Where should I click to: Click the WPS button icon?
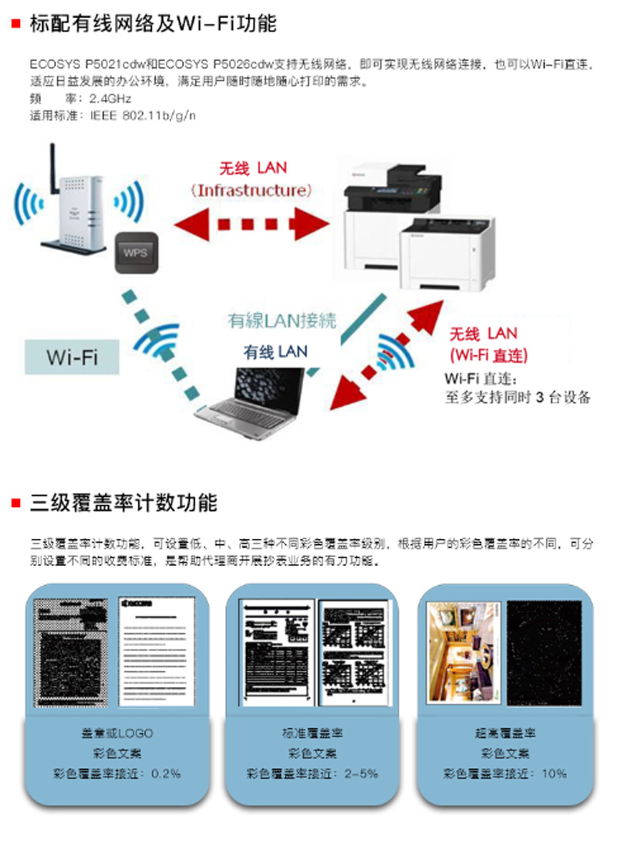pos(136,252)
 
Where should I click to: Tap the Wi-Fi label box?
pos(72,357)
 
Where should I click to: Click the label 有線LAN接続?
pos(282,320)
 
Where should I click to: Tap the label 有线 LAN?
pos(275,352)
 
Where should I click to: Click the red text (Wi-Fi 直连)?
pos(488,355)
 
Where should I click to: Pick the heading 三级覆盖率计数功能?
pos(123,503)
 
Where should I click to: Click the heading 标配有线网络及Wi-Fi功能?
pos(153,24)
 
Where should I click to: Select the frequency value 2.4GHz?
pos(110,99)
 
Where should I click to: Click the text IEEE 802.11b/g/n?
pos(143,116)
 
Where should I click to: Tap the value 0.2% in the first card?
pos(165,773)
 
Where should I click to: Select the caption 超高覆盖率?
pos(506,733)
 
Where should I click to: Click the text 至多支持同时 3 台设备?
pos(518,398)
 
